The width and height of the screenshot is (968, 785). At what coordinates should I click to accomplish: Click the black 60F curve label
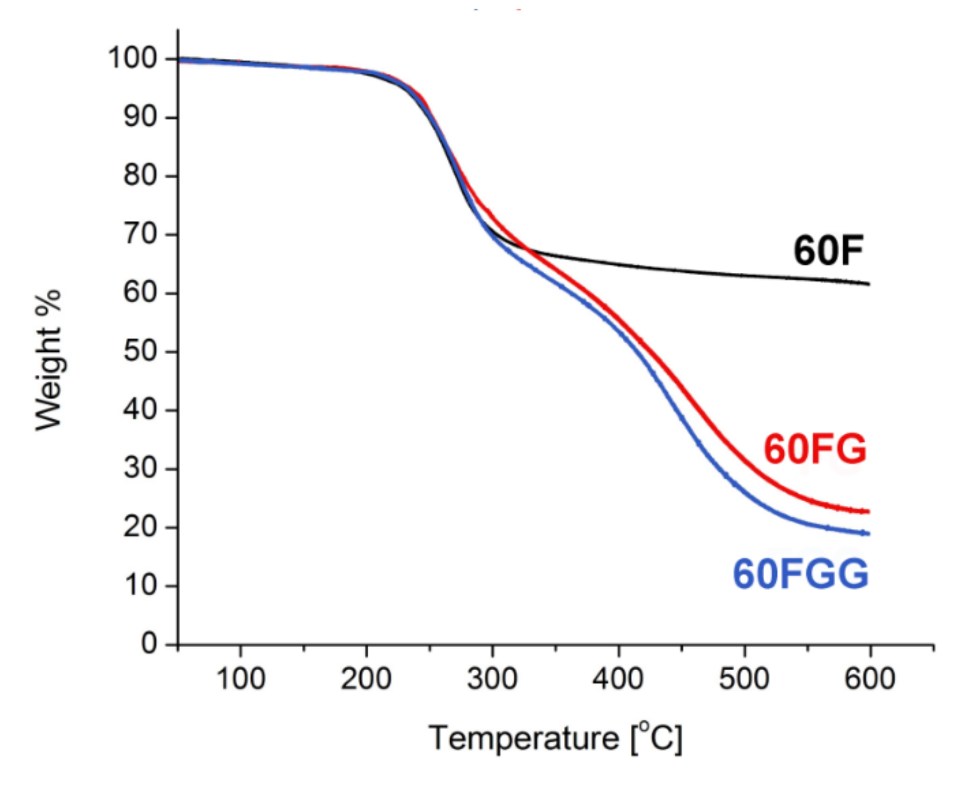coord(828,251)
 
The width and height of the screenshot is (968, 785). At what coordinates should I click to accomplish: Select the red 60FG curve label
coord(815,449)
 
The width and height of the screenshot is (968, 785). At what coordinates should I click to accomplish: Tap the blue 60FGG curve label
coord(800,574)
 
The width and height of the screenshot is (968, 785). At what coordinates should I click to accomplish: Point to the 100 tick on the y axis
coord(133,58)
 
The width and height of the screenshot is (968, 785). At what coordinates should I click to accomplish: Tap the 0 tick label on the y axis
coord(149,644)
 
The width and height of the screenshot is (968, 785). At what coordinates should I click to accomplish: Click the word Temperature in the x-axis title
coord(524,738)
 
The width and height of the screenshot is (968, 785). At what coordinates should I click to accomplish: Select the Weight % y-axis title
coord(48,360)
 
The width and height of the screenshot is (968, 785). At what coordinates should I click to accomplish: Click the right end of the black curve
coord(869,284)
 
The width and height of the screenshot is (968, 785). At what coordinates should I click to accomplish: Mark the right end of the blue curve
coord(869,534)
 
